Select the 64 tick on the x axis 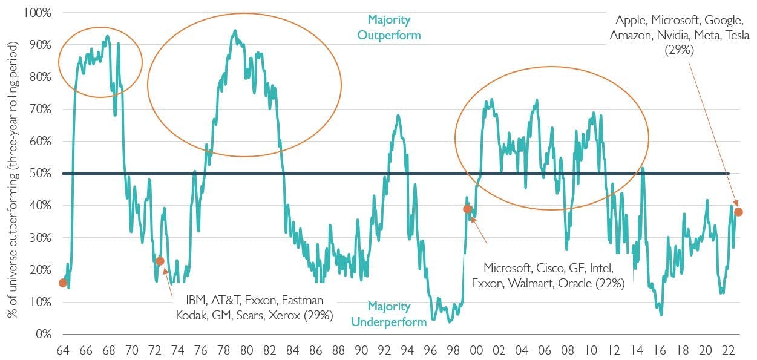point(62,350)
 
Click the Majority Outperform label point(388,28)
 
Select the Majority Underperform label point(388,314)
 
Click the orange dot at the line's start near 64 point(63,283)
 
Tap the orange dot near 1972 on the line point(160,261)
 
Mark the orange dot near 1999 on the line point(467,209)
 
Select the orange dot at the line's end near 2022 point(738,212)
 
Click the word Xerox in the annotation point(289,315)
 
